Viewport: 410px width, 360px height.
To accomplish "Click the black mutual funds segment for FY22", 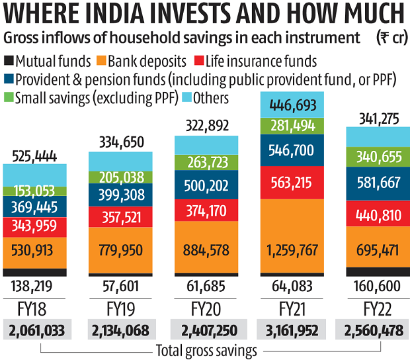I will coord(378,272).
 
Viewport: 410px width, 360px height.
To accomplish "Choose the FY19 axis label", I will coord(120,309).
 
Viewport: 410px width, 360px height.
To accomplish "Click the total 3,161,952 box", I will coord(292,330).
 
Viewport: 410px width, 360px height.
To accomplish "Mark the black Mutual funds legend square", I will coord(9,62).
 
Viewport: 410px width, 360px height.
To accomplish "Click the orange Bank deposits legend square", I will coord(101,62).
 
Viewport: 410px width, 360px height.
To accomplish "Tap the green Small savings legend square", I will coord(9,99).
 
